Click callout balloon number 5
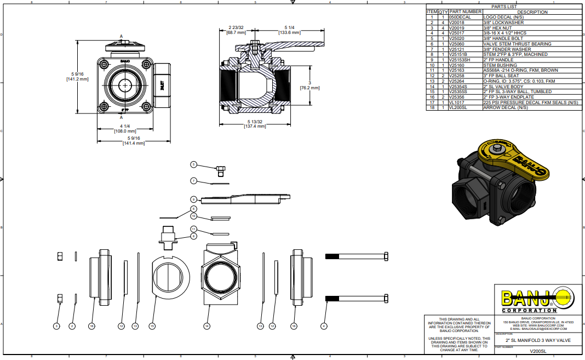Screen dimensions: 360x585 pyautogui.click(x=193, y=164)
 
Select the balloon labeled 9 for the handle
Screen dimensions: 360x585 pyautogui.click(x=193, y=199)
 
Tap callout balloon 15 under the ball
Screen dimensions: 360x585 pyautogui.click(x=152, y=326)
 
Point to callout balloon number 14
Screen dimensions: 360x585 pyautogui.click(x=207, y=326)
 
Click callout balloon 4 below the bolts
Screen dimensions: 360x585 pyautogui.click(x=324, y=326)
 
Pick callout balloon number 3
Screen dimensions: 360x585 pyautogui.click(x=56, y=326)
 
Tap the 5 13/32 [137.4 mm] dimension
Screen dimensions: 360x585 pyautogui.click(x=255, y=124)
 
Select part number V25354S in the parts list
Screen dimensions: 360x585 pyautogui.click(x=458, y=87)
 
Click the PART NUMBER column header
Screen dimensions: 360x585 pyautogui.click(x=465, y=12)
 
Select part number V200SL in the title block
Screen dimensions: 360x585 pyautogui.click(x=540, y=351)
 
